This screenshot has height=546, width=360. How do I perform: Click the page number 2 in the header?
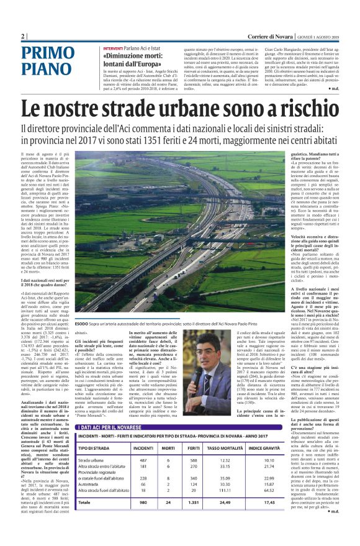(23, 36)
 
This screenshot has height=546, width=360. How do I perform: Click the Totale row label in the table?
(86, 519)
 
